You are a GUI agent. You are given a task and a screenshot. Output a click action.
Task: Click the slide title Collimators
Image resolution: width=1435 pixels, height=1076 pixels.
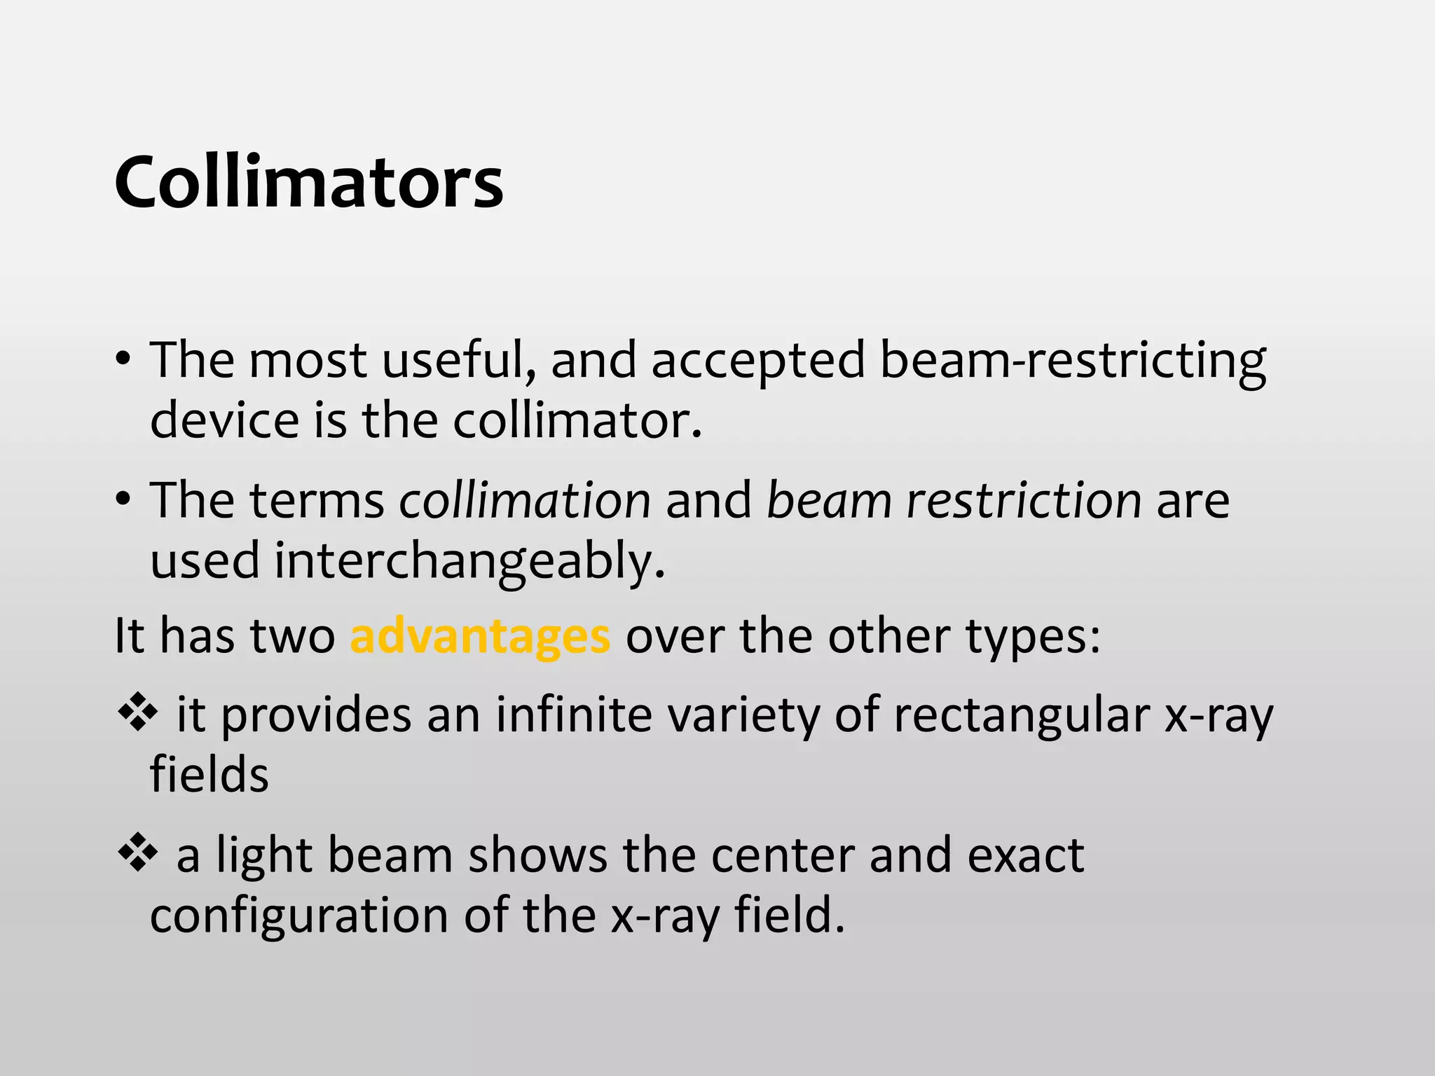pos(308,182)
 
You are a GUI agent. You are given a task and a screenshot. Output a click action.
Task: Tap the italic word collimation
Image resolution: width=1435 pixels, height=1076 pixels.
pos(525,500)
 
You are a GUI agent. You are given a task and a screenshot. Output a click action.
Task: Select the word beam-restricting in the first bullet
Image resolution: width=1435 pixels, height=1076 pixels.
pos(1072,360)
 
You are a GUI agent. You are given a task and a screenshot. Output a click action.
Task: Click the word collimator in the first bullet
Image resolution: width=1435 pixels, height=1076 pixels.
pos(576,420)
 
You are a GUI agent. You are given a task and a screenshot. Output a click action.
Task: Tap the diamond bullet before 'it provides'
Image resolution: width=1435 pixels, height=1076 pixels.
pos(137,712)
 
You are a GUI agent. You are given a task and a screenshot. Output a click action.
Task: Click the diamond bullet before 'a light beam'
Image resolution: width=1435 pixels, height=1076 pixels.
pos(137,852)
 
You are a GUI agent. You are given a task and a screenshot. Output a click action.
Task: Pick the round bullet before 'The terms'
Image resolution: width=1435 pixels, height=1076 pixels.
pos(123,500)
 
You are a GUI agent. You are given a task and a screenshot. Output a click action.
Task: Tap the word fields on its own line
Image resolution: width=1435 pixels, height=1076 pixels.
pos(209,775)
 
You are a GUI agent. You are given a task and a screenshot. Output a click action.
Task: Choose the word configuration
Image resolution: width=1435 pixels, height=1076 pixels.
pos(299,915)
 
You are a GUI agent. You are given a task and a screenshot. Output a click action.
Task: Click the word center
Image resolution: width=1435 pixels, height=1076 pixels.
pos(783,855)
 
